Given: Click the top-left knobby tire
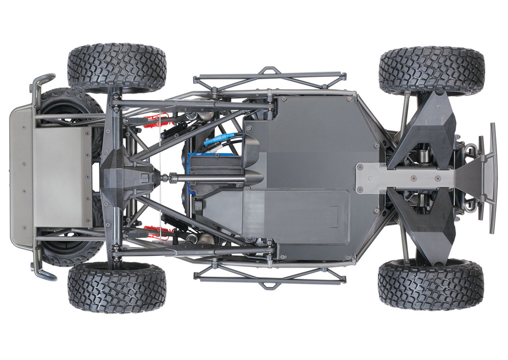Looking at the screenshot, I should point(117,68).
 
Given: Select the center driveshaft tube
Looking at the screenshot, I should point(203,178).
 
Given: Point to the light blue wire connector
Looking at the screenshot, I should point(220,140).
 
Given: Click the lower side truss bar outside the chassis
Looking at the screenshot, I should point(269,278).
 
